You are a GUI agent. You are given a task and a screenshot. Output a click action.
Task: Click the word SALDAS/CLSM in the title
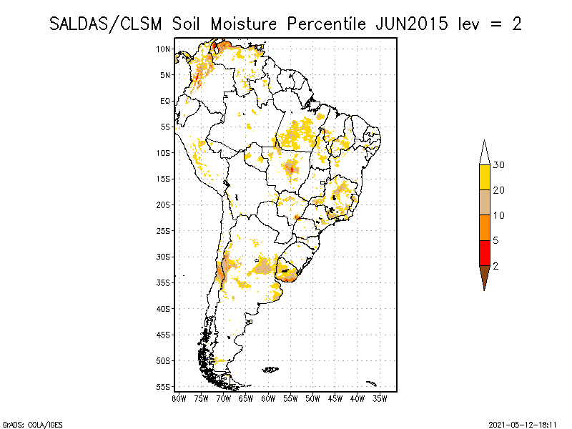[108, 24]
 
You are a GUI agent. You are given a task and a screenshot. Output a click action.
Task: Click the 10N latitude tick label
[164, 49]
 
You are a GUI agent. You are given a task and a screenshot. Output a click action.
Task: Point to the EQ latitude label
[165, 101]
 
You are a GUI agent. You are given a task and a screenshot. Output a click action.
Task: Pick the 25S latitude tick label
[164, 230]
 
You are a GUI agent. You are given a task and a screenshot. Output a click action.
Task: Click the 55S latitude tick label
[164, 386]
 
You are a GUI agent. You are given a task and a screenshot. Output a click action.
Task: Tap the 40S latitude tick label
[164, 308]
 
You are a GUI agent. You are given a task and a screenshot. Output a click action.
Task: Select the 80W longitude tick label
[179, 398]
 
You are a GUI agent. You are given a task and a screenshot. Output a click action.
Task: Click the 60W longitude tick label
[268, 398]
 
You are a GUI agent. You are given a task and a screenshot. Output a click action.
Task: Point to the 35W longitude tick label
[380, 398]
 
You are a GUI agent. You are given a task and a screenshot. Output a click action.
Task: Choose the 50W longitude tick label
[312, 398]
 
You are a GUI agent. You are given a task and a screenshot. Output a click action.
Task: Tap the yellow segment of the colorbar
[484, 177]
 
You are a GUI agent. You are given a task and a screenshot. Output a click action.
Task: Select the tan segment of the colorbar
[484, 202]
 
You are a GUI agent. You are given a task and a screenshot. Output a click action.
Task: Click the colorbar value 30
[499, 165]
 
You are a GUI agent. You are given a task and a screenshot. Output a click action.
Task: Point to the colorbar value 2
[496, 266]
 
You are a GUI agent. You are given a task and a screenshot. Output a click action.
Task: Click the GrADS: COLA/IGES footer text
[24, 423]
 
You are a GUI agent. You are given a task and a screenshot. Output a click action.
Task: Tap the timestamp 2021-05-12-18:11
[524, 423]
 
